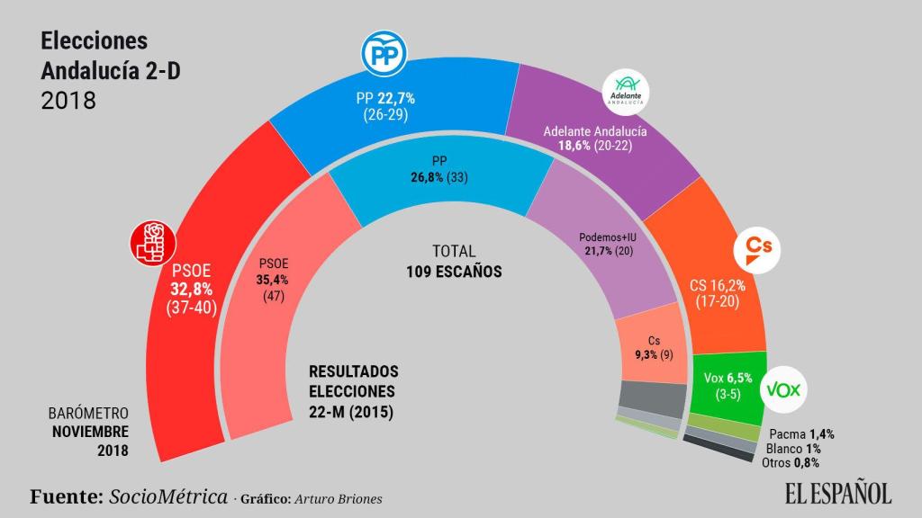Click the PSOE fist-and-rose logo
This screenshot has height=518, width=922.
(x=151, y=245)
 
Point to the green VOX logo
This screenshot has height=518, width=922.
(x=783, y=390)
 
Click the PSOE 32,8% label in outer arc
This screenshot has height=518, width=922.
(x=190, y=288)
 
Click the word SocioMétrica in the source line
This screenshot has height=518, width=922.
(x=168, y=497)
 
